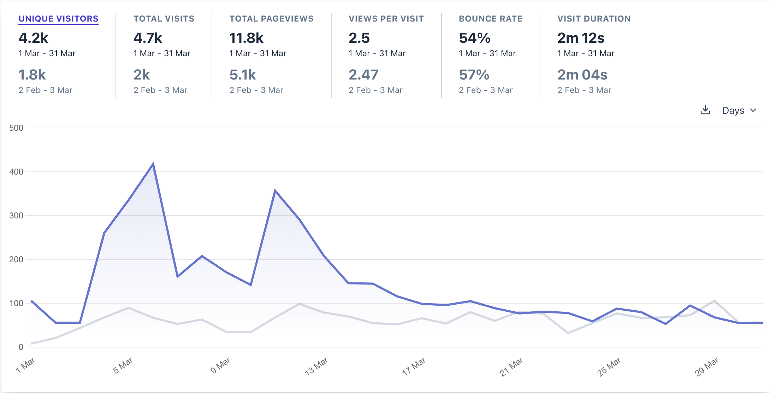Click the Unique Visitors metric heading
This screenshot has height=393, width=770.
58,19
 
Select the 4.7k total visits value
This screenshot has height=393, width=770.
148,38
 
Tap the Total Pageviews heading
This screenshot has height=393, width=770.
271,19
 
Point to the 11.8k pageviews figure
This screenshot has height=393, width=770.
246,38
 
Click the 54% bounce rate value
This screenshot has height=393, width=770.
474,38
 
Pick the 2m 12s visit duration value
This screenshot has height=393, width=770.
581,38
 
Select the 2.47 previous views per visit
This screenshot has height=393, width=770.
363,75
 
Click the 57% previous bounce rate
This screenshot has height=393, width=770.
474,75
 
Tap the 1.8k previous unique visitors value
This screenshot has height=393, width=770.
32,75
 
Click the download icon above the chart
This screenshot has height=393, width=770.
705,110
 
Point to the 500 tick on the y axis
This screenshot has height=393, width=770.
16,128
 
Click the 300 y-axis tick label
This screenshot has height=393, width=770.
16,216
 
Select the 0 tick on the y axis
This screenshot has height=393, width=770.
21,347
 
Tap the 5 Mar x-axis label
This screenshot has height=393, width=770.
123,365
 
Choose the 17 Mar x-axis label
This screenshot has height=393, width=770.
414,366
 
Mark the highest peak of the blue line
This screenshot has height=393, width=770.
153,164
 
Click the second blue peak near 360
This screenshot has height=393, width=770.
275,191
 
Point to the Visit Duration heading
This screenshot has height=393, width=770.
594,19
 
